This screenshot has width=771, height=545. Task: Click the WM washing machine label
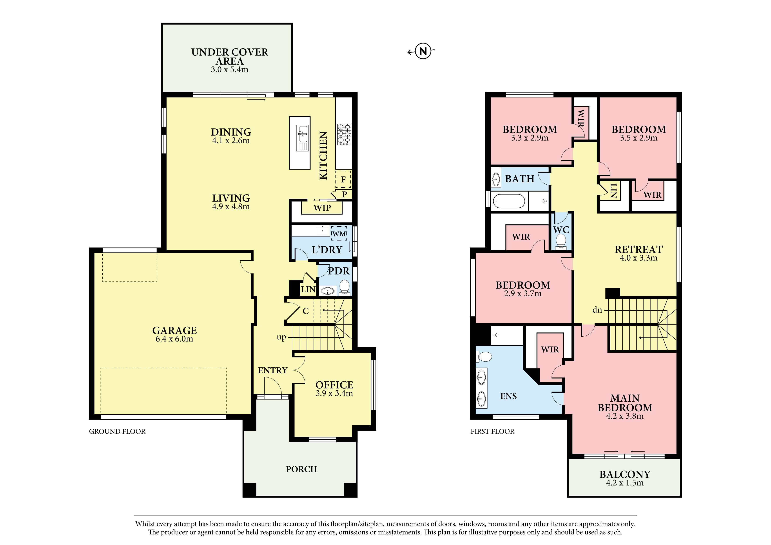339,234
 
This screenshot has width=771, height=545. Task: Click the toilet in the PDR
345,288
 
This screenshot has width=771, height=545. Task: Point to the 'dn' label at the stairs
597,310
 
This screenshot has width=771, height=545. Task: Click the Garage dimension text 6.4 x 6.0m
174,339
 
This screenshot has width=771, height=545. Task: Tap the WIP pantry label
322,208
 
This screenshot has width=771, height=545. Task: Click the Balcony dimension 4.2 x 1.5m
625,483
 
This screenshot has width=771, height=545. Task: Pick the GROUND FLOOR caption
117,431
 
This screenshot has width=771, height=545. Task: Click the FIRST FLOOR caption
492,431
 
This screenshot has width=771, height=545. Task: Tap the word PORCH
301,469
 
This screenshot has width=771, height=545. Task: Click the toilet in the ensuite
484,357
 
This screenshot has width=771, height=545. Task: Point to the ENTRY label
273,370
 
